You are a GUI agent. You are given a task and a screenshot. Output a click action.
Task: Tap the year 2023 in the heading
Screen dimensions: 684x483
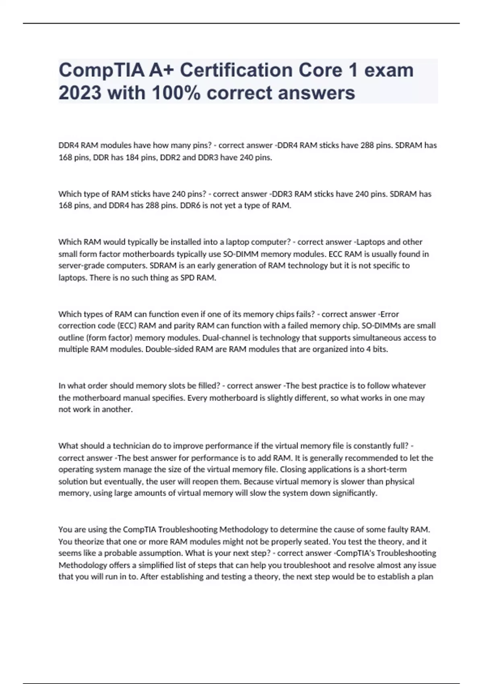point(80,93)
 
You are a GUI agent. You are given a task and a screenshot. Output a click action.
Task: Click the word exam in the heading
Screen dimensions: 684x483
point(388,70)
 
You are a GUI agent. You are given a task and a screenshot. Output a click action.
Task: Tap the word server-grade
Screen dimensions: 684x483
point(80,266)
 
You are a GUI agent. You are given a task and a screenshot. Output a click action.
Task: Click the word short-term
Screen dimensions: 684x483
point(387,470)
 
